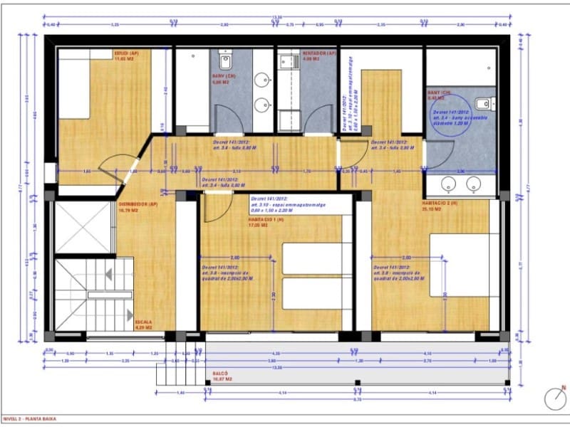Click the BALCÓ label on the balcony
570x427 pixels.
(220, 375)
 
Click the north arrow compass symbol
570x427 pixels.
(554, 399)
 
